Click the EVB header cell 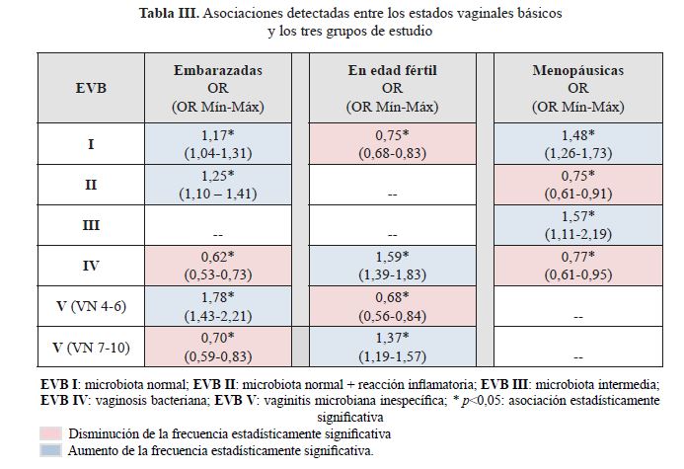click(91, 87)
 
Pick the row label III click(91, 225)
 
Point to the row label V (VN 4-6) click(91, 306)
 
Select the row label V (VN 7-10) click(91, 347)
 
